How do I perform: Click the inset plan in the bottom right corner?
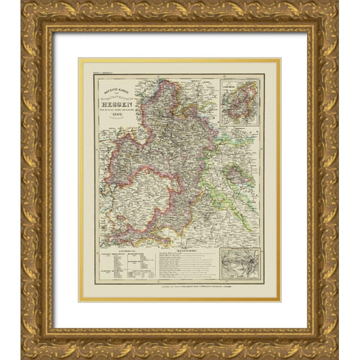(x=240, y=263)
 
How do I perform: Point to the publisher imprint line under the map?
(x=180, y=286)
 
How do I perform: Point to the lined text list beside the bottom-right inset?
(x=187, y=265)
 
